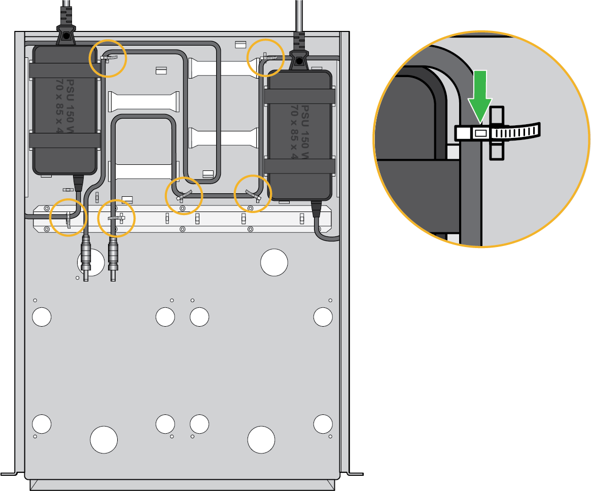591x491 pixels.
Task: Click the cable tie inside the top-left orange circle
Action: pyautogui.click(x=110, y=58)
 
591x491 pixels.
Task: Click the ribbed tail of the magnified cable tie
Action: pyautogui.click(x=517, y=132)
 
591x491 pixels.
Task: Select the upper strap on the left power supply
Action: pyautogui.click(x=64, y=71)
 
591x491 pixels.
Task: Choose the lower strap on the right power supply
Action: pyautogui.click(x=299, y=165)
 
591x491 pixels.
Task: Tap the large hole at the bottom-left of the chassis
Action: pyautogui.click(x=103, y=439)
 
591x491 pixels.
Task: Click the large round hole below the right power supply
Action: pyautogui.click(x=274, y=262)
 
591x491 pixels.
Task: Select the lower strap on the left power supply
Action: pyautogui.click(x=64, y=141)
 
